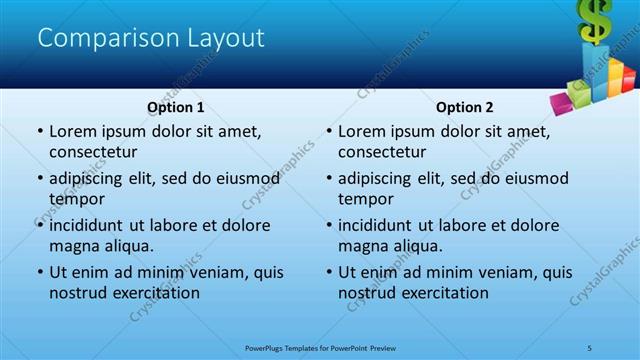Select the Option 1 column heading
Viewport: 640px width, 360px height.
pos(176,107)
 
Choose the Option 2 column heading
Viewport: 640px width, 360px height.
pos(465,107)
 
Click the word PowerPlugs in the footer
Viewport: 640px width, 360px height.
pos(268,347)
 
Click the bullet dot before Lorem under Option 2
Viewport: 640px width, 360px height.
pos(328,132)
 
